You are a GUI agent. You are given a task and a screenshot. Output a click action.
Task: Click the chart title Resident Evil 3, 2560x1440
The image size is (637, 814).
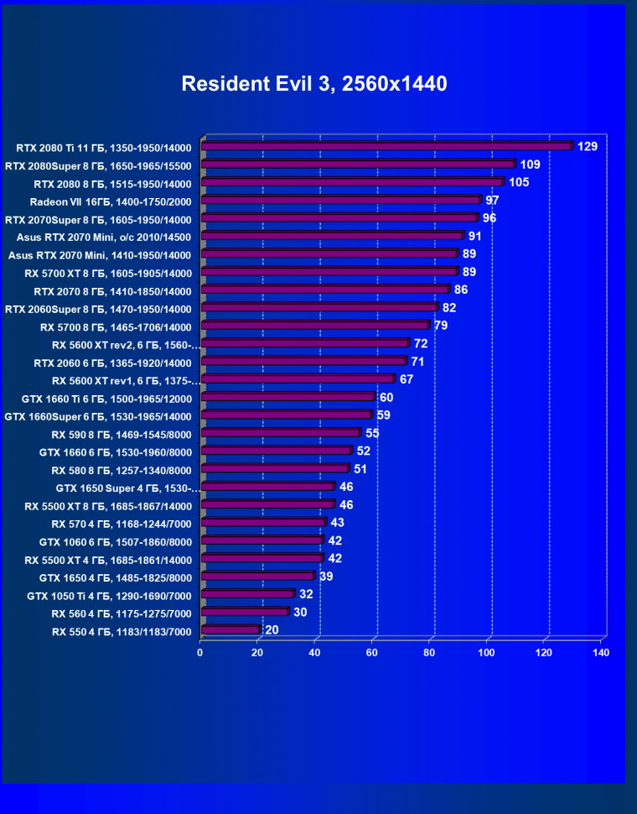[x=314, y=84]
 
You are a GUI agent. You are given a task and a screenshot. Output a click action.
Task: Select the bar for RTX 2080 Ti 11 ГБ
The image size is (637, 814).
[x=386, y=146]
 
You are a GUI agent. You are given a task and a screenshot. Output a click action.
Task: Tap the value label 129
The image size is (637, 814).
[x=587, y=147]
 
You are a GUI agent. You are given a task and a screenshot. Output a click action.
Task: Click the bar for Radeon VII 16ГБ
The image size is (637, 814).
[x=340, y=200]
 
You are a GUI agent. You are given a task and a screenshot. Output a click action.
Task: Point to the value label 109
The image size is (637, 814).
[x=530, y=164]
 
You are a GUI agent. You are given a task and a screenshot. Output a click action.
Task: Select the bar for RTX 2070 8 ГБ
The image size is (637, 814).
[x=325, y=290]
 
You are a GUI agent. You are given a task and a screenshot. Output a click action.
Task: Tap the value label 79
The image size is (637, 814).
[x=441, y=326]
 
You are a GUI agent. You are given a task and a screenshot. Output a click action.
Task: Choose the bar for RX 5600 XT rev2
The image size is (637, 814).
[x=305, y=343]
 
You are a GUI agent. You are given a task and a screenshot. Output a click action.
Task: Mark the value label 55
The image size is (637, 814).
[x=372, y=433]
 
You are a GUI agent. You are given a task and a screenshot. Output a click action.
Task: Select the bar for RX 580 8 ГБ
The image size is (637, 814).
[x=275, y=468]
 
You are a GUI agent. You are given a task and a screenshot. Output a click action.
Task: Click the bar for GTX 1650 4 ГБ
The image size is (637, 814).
[x=258, y=576]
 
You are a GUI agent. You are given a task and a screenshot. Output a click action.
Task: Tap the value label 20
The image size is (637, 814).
[x=272, y=629]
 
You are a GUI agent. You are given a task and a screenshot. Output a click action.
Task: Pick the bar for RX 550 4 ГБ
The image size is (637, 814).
[x=230, y=629]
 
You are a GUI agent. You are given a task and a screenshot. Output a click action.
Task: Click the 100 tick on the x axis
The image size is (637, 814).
[x=486, y=652]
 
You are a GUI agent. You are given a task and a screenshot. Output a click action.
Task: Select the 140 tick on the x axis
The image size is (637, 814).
[x=600, y=652]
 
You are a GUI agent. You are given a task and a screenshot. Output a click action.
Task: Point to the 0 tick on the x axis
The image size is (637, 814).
[x=200, y=652]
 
